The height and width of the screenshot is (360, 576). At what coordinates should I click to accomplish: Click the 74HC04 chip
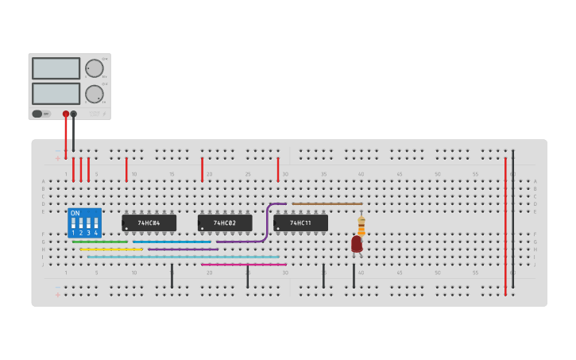point(149,223)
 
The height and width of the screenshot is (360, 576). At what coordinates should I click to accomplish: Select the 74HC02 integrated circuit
point(225,223)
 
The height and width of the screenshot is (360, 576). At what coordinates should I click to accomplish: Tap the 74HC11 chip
point(300,223)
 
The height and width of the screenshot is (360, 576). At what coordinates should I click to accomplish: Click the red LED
point(357,244)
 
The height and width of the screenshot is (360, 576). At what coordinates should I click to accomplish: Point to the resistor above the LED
point(361,226)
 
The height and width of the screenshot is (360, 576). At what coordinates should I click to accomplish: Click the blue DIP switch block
point(85,223)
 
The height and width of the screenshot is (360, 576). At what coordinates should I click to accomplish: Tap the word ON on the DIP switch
point(75,213)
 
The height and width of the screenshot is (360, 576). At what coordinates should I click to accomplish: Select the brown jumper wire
point(327,203)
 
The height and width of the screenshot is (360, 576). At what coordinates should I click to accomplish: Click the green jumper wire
point(100,242)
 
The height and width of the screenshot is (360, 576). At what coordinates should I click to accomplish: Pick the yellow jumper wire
point(111,250)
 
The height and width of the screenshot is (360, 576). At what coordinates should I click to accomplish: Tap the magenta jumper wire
point(243,265)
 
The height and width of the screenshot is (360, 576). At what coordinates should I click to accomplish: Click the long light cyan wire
point(183,257)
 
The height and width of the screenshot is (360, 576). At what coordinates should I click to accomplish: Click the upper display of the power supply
point(56,68)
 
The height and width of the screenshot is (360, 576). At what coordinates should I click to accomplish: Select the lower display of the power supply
point(56,93)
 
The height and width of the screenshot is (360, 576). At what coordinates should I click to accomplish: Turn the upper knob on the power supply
point(94,68)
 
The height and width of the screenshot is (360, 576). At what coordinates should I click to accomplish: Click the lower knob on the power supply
point(94,94)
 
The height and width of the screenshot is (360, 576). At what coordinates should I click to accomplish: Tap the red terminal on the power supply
point(66,114)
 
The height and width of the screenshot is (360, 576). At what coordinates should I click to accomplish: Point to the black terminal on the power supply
point(74,114)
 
